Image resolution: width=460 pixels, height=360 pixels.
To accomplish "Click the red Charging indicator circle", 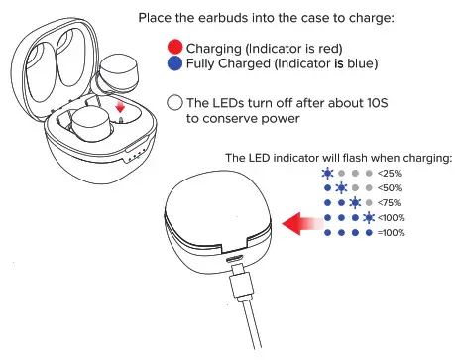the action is (175, 47).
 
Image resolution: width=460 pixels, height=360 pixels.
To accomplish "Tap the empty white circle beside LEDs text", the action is (175, 102).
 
